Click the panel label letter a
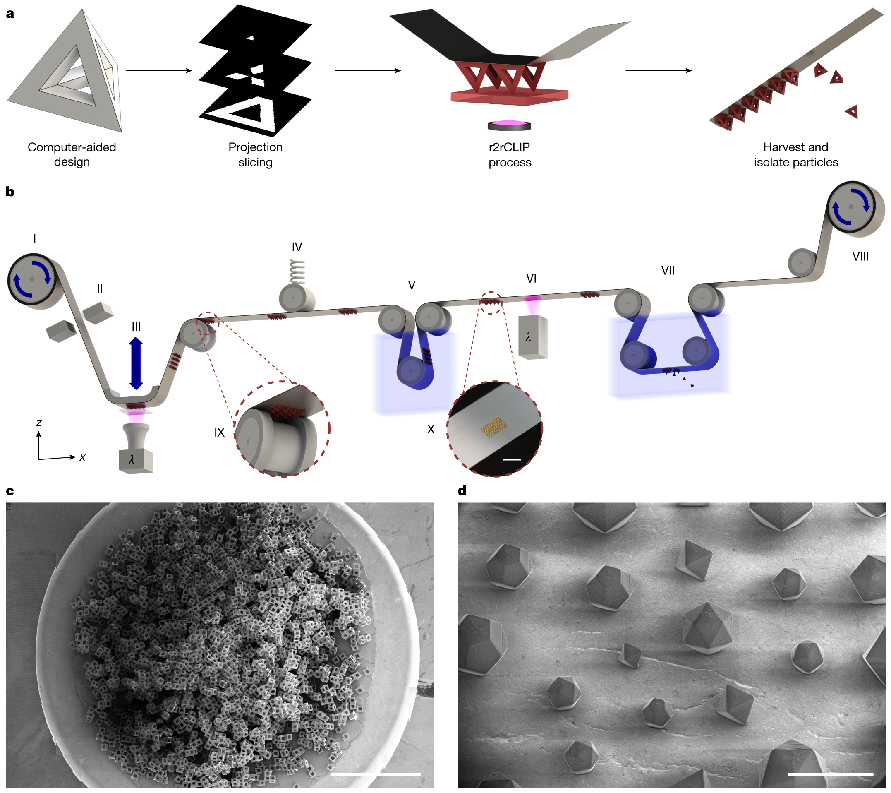(10, 14)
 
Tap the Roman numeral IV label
(297, 247)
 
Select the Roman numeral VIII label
(860, 257)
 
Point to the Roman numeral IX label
(219, 432)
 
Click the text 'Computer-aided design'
(72, 154)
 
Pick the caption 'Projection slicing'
(256, 155)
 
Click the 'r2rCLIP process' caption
(510, 155)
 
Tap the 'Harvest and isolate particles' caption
(795, 155)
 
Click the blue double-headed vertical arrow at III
(136, 363)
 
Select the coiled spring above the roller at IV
(298, 272)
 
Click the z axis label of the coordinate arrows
(39, 422)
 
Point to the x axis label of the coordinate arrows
(82, 457)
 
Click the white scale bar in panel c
(375, 774)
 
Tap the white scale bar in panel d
(831, 774)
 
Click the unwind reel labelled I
(32, 279)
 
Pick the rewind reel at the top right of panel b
(851, 207)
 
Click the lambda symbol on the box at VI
(528, 337)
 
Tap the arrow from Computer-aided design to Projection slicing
(159, 71)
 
